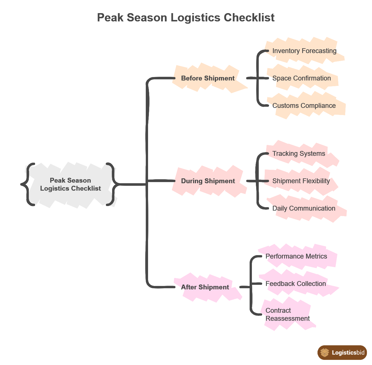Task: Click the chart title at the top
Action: (186, 18)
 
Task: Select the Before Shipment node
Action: (208, 78)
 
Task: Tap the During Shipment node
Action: (208, 181)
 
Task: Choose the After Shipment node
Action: (205, 287)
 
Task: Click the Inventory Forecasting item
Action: (304, 51)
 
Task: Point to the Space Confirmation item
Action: (302, 78)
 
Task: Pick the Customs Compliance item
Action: (304, 106)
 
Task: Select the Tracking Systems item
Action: (299, 154)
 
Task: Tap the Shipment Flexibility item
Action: (301, 181)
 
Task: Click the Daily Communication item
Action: (304, 208)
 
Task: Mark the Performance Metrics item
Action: (296, 256)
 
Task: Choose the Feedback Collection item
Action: (296, 284)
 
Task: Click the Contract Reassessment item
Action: (287, 314)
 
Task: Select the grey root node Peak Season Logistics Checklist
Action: (70, 184)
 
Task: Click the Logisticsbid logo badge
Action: (342, 353)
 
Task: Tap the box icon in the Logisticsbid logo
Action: (325, 353)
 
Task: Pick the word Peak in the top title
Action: (110, 18)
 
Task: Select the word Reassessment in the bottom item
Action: (288, 318)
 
